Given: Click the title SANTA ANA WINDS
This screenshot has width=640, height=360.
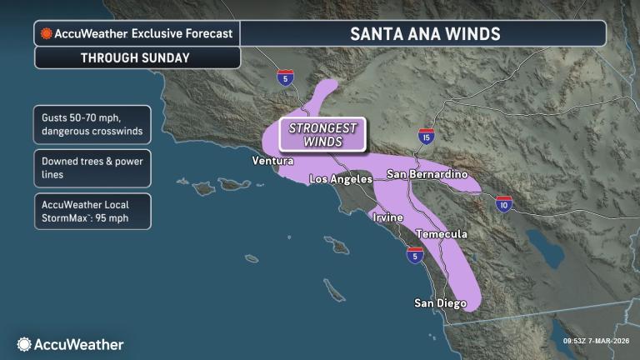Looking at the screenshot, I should (x=424, y=33).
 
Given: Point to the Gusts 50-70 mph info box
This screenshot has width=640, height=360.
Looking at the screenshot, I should (x=92, y=123).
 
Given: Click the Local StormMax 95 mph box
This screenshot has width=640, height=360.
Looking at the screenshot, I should (x=92, y=212).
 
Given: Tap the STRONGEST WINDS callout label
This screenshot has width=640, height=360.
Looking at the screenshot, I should (x=322, y=134).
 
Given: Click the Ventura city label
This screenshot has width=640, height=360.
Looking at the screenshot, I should (x=272, y=160).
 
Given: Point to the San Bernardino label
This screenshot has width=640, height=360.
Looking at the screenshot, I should (x=426, y=174).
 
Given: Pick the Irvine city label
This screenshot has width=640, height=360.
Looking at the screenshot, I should (x=387, y=217).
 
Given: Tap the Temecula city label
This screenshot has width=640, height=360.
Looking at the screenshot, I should (x=441, y=234).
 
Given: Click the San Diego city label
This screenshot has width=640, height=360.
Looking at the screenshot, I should (x=440, y=302).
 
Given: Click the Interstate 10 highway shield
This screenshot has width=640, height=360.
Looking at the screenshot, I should (x=503, y=203).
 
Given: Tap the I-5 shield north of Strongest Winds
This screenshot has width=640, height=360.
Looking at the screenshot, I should (x=286, y=77).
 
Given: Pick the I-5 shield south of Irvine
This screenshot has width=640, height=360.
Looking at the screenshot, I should (x=414, y=255).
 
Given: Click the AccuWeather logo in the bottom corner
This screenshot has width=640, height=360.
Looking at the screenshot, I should (x=70, y=344).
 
